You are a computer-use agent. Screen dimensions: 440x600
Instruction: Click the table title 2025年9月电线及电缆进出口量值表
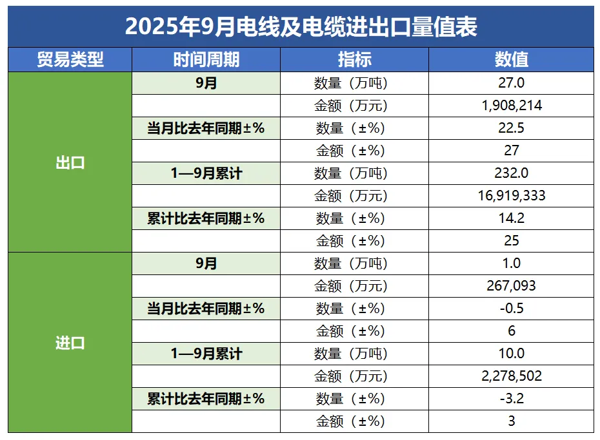301,27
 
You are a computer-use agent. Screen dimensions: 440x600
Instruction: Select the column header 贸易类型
70,60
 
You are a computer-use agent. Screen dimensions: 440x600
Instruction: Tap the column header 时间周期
206,60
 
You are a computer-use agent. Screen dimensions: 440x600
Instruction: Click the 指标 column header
354,60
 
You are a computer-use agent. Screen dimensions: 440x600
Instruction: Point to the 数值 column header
511,60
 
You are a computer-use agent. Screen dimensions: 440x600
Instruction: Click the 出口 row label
70,162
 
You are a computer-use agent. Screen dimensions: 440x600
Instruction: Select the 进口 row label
70,343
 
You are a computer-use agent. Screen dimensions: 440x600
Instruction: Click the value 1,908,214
512,106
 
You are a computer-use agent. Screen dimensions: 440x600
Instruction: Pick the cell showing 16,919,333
512,196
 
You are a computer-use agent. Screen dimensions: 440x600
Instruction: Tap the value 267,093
512,286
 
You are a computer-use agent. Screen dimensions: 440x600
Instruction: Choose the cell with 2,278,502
512,376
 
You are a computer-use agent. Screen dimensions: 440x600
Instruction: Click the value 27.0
512,83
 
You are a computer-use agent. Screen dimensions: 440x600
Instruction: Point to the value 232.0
512,173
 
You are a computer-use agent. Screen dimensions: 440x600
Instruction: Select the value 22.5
512,128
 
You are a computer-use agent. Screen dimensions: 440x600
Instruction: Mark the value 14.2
512,218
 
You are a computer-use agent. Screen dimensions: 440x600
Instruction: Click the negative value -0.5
512,309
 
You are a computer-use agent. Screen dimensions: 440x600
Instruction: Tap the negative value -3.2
512,399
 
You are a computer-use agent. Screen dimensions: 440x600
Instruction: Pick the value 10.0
512,354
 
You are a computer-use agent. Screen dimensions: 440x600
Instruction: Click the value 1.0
512,263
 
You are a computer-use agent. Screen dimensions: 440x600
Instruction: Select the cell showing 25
512,241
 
